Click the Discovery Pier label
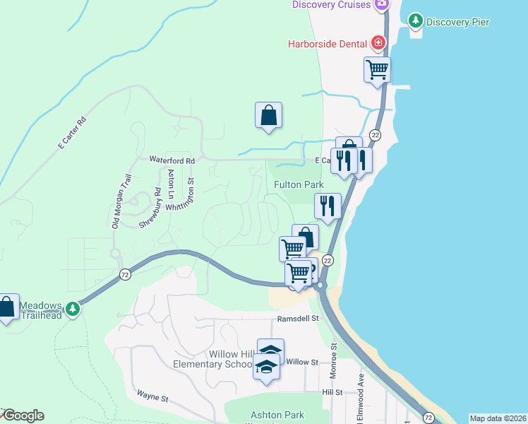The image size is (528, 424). point(458,22)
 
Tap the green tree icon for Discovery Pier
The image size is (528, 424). point(416,21)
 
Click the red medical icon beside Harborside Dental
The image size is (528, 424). point(379,43)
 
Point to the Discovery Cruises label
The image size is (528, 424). point(332,5)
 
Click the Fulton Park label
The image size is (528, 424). point(299,184)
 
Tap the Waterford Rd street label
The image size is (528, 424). point(172,160)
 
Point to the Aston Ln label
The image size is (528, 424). point(170,183)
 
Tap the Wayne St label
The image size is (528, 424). point(152,397)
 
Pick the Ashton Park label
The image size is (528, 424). point(277,416)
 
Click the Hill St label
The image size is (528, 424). point(332,391)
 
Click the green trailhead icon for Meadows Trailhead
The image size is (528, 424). point(72,309)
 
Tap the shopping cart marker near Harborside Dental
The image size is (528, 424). point(378,70)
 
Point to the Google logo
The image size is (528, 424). point(23,416)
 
